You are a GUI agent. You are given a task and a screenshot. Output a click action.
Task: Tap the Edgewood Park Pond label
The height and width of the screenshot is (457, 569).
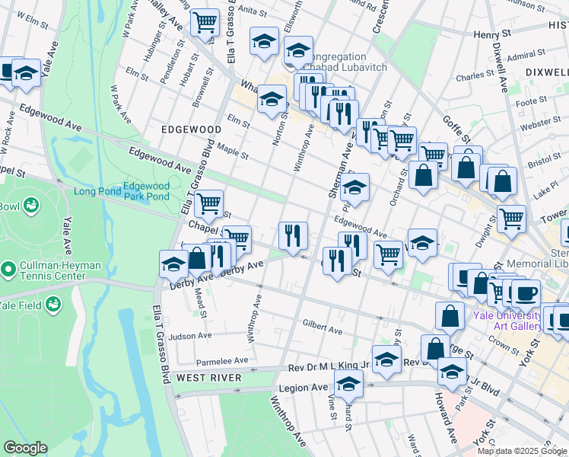[x=147, y=191]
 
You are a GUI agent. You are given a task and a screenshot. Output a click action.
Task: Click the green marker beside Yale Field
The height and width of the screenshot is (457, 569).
[x=54, y=305]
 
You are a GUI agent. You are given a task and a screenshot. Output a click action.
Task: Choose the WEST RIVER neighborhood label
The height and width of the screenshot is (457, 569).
[x=208, y=378]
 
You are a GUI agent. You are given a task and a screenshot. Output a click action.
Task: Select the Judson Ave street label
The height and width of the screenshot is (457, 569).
[x=190, y=336]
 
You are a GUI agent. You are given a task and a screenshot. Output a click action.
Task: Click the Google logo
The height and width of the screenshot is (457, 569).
[x=25, y=448]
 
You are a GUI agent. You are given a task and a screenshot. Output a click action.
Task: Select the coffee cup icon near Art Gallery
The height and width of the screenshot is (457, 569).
[x=526, y=292]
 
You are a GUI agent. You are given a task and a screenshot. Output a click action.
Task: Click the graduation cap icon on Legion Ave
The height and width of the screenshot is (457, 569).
[x=349, y=386]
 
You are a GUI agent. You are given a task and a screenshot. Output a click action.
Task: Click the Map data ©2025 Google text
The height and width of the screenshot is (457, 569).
[x=522, y=451]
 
